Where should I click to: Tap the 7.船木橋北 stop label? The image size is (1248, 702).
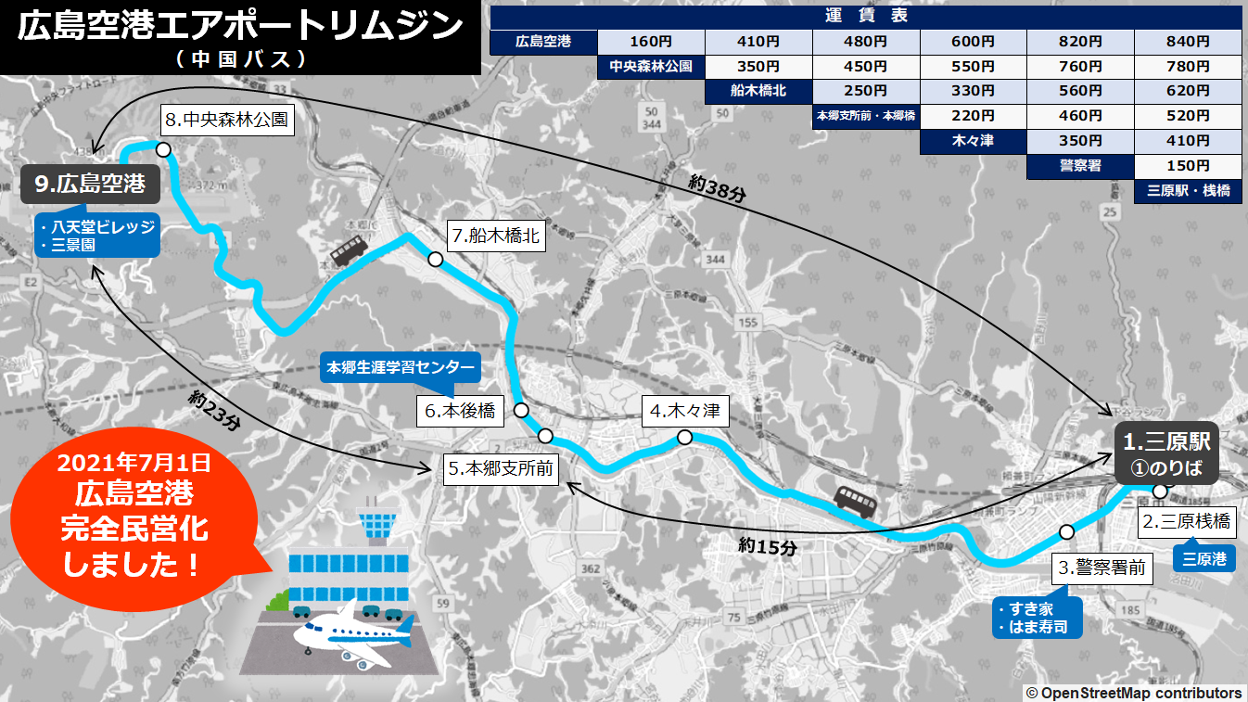(495, 236)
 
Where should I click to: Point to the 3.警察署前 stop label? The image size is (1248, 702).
(1103, 568)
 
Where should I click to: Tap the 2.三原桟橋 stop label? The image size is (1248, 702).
(1187, 522)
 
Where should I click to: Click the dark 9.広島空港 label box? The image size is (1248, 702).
(90, 184)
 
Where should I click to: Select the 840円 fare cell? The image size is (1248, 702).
(1188, 42)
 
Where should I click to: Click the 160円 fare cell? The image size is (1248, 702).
(651, 42)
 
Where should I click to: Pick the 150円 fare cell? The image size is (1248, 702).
(1188, 166)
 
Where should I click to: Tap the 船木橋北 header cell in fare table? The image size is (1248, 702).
(758, 91)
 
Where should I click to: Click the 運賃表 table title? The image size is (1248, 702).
(865, 16)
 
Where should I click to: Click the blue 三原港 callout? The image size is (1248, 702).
(1204, 559)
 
